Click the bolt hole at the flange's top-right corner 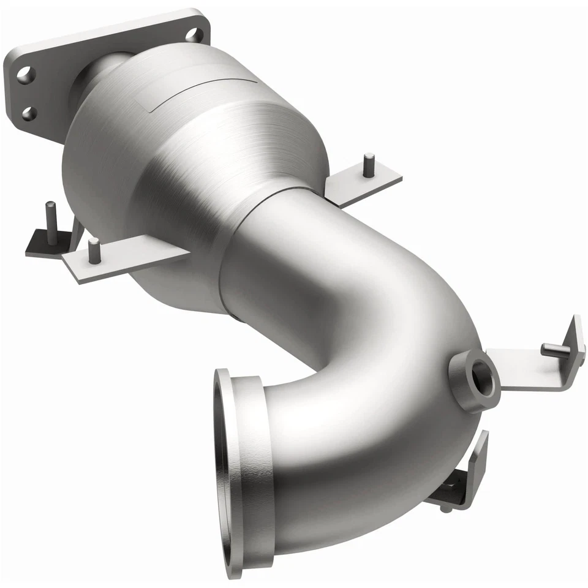194,34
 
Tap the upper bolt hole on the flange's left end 25,75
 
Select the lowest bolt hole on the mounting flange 28,113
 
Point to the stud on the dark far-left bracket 51,214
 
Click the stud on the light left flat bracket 93,251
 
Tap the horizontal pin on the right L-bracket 554,349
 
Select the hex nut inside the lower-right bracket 451,488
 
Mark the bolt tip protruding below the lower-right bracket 445,507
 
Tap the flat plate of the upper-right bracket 361,184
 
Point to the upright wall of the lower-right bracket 478,466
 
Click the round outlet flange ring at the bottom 230,472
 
